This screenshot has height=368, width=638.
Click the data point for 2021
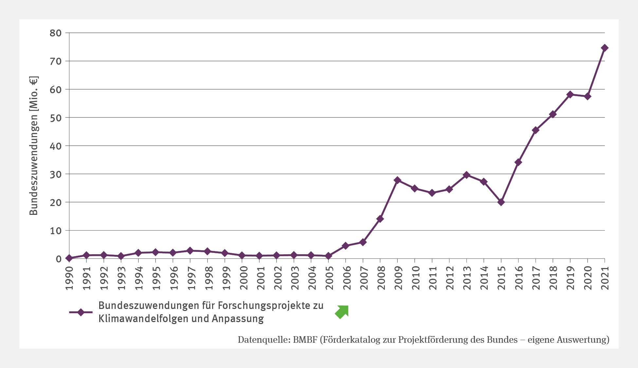605,48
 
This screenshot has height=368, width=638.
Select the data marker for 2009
397,180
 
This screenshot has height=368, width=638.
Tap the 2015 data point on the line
501,202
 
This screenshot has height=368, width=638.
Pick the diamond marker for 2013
466,175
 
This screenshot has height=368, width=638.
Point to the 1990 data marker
69,258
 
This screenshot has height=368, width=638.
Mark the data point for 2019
570,94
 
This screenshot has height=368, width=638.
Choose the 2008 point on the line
380,219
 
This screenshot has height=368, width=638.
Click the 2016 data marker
518,162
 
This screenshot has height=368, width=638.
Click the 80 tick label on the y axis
55,33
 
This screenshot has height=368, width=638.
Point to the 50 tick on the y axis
55,117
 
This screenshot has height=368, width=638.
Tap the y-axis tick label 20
55,202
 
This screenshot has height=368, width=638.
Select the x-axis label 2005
329,278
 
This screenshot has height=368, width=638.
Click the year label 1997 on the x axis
191,278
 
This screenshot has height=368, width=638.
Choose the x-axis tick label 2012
449,278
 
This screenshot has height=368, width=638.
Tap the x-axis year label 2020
588,278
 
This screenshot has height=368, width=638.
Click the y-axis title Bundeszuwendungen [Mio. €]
34,146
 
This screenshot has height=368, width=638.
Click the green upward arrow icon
342,312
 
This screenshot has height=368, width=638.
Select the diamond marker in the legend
81,312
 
